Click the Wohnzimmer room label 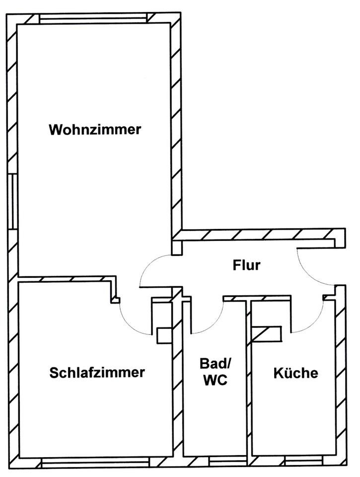click(x=95, y=130)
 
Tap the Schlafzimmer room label click(x=97, y=372)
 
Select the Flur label click(x=247, y=265)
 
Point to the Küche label click(x=296, y=373)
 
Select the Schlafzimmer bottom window click(x=97, y=462)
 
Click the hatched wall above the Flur click(x=258, y=235)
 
